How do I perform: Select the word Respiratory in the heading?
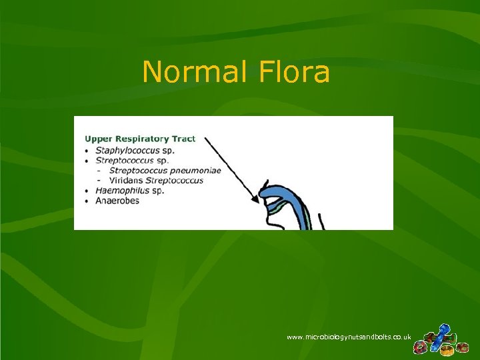pos(139,139)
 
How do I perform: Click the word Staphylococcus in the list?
pos(127,150)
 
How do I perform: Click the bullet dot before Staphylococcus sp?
pos(87,151)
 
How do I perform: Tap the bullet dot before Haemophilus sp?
pos(87,191)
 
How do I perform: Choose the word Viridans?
pos(126,181)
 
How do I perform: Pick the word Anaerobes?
pos(117,201)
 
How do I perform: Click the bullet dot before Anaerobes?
pos(87,201)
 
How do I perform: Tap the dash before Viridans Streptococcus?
pos(99,181)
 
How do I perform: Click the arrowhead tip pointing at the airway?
pos(259,200)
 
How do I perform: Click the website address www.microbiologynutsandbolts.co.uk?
pos(349,337)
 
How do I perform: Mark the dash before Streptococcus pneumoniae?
pos(99,171)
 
